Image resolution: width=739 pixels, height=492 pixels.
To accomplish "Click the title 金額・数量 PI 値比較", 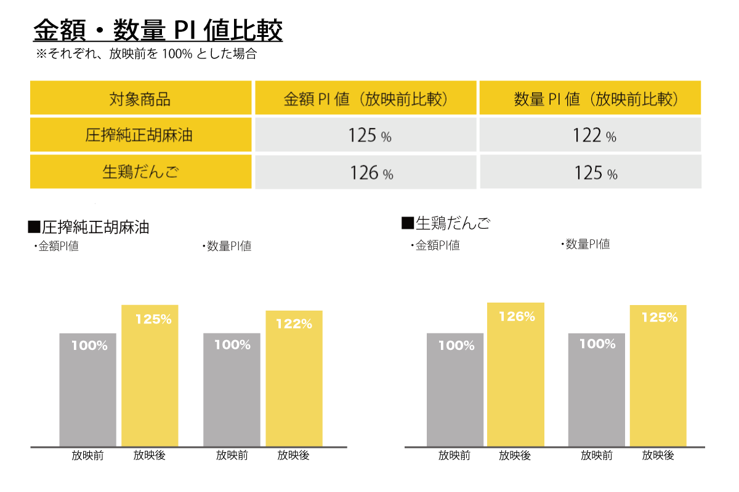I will (158, 30).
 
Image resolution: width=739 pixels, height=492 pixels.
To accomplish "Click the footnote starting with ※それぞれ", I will (146, 54).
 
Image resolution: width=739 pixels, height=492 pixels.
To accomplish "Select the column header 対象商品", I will (140, 98).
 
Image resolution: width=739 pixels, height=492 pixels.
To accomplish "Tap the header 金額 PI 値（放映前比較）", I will (366, 98).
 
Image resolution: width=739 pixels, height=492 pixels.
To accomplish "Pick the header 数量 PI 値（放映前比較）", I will (590, 98).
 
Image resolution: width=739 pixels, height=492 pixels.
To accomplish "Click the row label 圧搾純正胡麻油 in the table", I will (140, 135).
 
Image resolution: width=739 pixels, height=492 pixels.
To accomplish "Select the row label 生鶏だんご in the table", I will (140, 172).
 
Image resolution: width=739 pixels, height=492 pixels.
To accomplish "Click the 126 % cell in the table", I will (366, 173).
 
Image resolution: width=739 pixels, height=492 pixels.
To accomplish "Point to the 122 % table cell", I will (590, 135).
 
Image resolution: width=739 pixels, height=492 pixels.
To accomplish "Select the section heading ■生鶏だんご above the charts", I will (446, 223).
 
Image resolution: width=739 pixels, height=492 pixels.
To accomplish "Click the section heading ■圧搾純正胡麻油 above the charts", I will (89, 228).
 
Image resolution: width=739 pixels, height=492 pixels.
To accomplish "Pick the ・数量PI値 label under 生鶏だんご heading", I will (585, 244).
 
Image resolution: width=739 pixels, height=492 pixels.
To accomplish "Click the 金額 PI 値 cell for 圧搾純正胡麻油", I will (366, 135).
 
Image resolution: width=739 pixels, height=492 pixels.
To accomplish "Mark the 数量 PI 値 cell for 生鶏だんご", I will (590, 173).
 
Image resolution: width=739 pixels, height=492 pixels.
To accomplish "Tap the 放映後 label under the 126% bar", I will (515, 456).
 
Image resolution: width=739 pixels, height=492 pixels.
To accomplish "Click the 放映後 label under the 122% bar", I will (293, 456).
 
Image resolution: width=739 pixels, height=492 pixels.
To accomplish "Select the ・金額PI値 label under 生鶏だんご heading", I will (435, 245).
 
